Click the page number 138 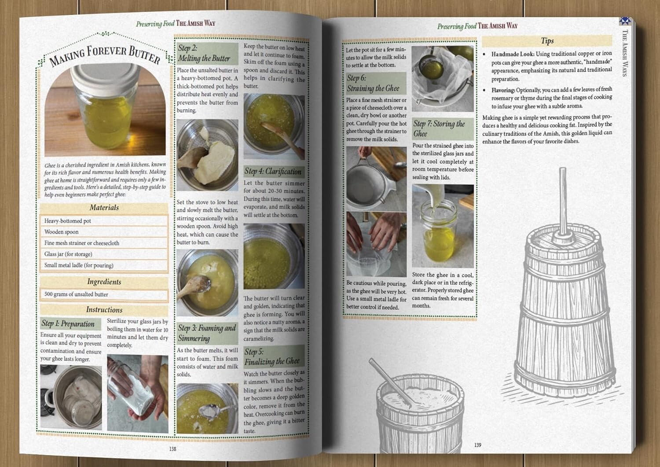point(172,449)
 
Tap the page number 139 point(477,445)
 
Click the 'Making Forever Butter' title point(105,55)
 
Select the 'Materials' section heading point(104,208)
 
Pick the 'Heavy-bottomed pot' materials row point(68,221)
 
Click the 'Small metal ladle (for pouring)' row point(79,265)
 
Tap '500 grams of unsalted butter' point(76,294)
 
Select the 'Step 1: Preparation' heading point(68,324)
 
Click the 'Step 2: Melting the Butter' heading point(204,53)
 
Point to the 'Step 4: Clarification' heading point(273,172)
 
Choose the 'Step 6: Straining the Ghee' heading point(373,83)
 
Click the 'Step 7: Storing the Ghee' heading point(439,129)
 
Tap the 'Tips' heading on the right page point(547,41)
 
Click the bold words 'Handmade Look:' point(513,54)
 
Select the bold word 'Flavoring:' point(503,90)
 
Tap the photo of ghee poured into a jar point(443,225)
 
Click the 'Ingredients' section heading point(104,282)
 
